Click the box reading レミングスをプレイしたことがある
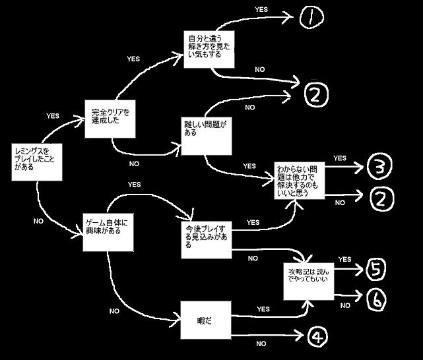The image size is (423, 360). pyautogui.click(x=37, y=160)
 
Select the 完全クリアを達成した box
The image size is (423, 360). pyautogui.click(x=109, y=118)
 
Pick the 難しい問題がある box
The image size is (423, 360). pyautogui.click(x=205, y=135)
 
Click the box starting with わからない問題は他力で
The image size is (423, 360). pyautogui.click(x=300, y=179)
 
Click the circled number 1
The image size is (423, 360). pyautogui.click(x=308, y=18)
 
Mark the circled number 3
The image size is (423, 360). pyautogui.click(x=376, y=167)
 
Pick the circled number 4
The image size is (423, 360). pyautogui.click(x=317, y=337)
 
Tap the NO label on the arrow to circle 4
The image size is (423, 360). pyautogui.click(x=261, y=344)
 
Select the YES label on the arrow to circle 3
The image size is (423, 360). pyautogui.click(x=340, y=158)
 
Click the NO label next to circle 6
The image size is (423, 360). pyautogui.click(x=345, y=305)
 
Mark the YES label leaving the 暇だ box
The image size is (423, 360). pyautogui.click(x=263, y=309)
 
